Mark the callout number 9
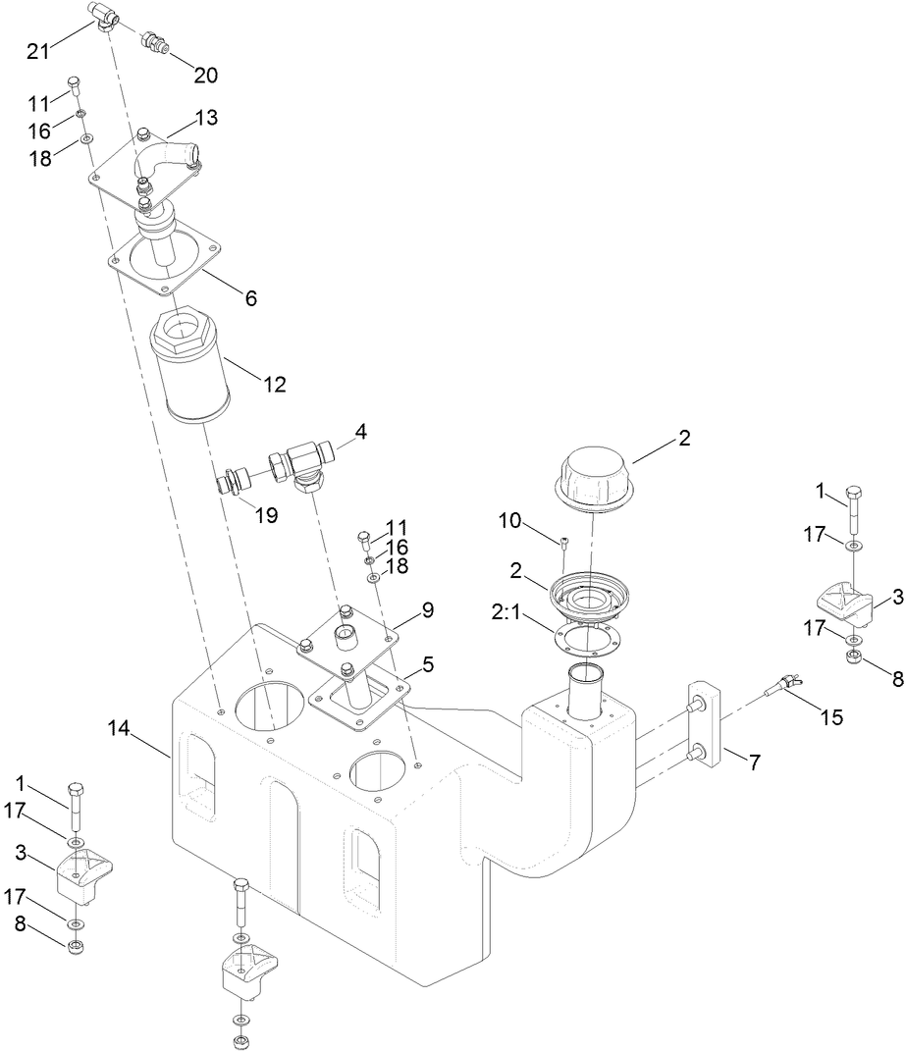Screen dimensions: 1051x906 tap(428, 609)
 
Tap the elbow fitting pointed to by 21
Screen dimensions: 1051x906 tap(105, 15)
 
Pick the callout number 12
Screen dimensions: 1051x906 tap(274, 384)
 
